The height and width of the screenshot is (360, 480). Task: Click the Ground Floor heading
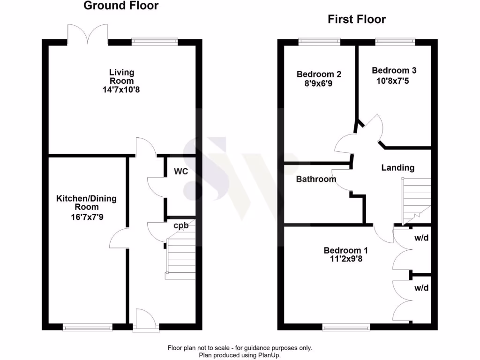pos(121,6)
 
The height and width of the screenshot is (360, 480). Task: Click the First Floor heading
pos(357,19)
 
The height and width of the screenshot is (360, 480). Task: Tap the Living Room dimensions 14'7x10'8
pos(121,90)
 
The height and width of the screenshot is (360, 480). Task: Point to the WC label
pos(181,172)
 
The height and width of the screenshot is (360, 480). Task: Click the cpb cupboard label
pos(181,225)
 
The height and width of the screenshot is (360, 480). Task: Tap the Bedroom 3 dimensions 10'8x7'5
pos(394,79)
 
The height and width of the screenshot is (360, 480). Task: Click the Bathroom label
pos(316,179)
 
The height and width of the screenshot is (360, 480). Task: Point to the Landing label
pos(397,168)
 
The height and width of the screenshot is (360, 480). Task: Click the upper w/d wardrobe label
pos(421,238)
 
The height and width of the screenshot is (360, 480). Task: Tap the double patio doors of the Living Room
pos(88,34)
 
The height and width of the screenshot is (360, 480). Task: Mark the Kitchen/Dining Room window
pos(88,328)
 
